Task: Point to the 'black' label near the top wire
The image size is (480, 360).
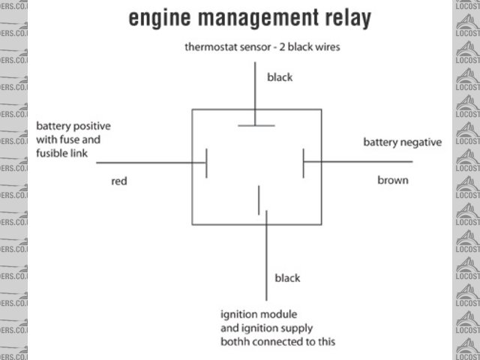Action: coord(280,76)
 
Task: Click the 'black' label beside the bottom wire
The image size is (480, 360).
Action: coord(287,277)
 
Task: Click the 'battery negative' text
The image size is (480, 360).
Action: coord(403,142)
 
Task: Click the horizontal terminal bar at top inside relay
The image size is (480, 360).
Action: coord(256,125)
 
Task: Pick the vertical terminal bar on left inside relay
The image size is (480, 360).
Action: coord(206,162)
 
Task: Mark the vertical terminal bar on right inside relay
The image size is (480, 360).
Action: coord(303,162)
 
